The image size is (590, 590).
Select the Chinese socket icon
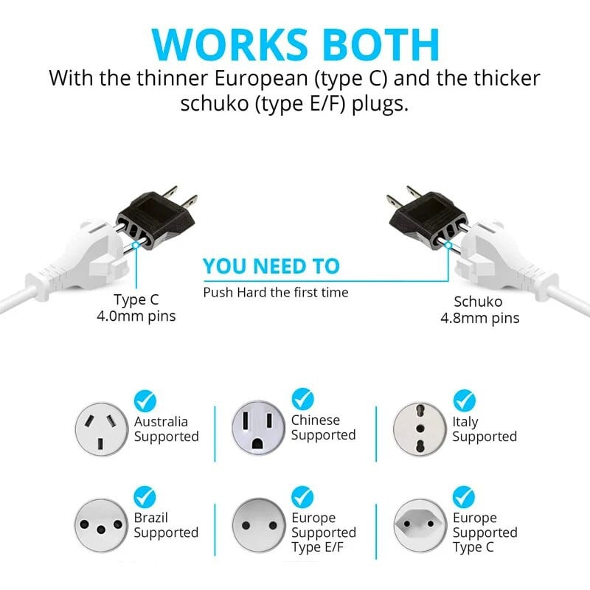tap(259, 428)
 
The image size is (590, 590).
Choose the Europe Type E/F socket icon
tap(259, 525)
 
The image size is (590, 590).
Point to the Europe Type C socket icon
tap(420, 525)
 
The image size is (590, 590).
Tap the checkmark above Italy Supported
tap(464, 400)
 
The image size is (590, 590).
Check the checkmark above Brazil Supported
tap(145, 496)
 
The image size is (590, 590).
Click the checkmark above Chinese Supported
tap(302, 399)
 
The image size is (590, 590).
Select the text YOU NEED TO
tap(271, 266)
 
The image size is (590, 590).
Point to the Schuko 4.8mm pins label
tap(479, 310)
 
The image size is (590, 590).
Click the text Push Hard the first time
tap(275, 293)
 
